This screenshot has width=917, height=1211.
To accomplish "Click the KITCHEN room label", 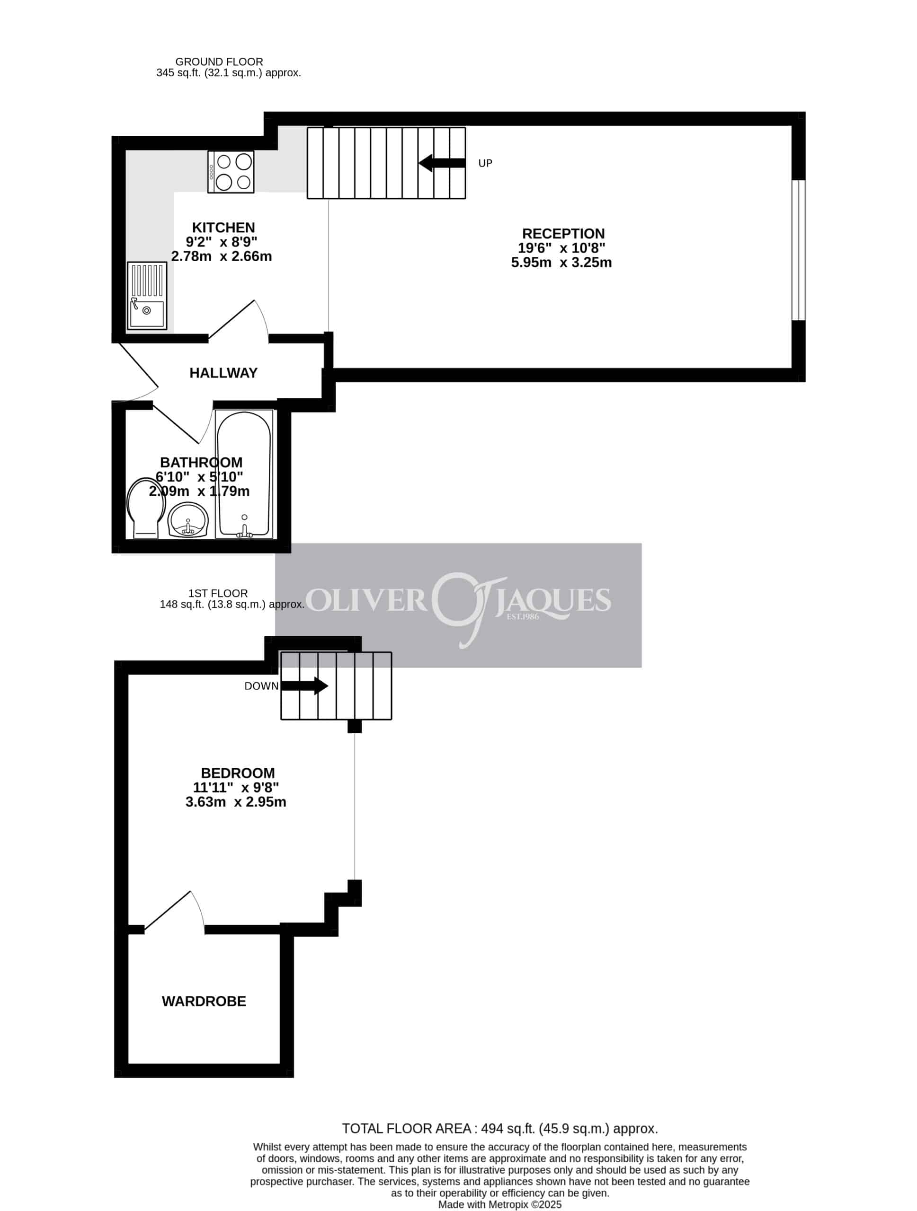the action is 223,227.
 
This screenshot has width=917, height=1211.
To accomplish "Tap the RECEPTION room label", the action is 563,234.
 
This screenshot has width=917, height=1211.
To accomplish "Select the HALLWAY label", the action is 223,373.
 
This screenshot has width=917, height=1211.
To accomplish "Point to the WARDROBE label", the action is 204,1001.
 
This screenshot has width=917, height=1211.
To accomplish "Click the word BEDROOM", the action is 238,773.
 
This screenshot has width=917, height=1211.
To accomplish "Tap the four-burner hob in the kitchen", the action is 231,172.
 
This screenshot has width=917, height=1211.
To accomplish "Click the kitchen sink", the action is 147,296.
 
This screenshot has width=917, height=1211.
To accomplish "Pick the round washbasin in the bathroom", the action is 188,520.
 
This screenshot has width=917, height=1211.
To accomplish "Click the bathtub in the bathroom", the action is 244,474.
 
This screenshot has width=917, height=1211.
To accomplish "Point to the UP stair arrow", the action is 442,163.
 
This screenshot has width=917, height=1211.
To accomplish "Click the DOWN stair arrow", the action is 304,685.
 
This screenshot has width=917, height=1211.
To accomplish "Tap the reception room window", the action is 799,250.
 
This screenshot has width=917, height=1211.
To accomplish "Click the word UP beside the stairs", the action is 485,163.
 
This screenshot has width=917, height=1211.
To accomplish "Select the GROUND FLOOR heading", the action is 219,62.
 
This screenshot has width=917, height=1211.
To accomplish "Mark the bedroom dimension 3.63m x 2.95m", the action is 236,802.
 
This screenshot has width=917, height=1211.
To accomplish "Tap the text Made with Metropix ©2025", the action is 500,1204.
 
